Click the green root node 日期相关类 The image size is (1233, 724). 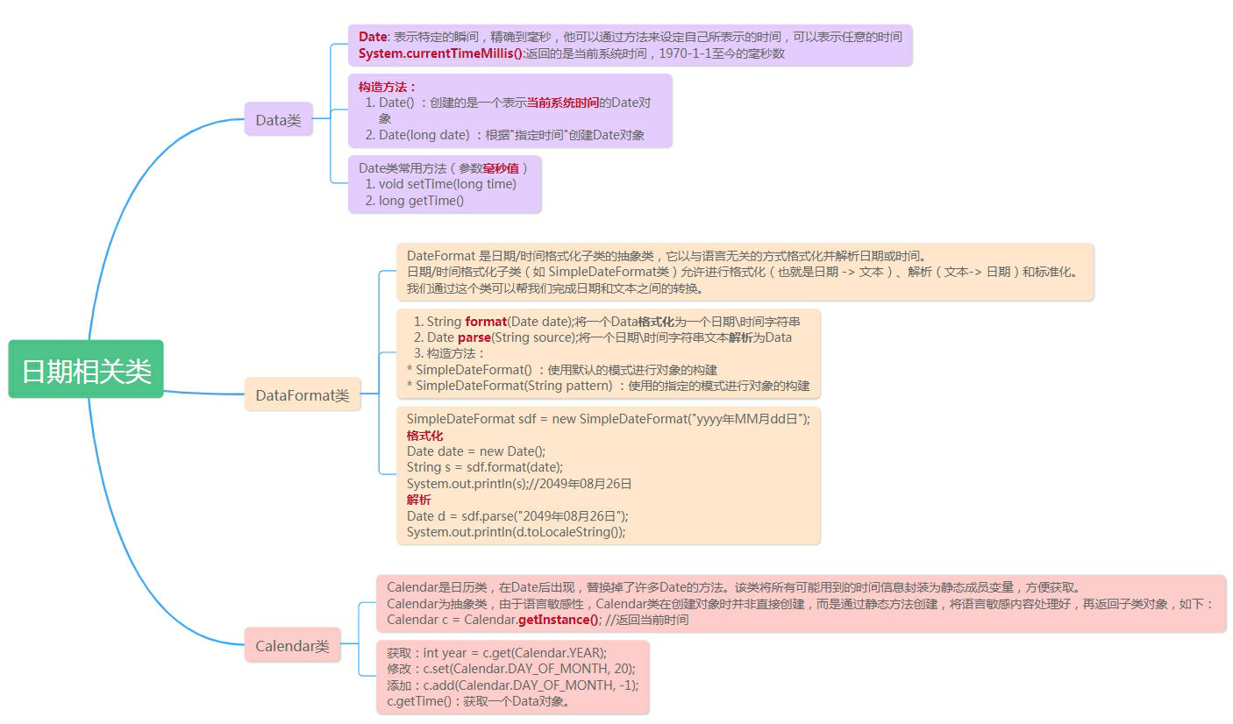coord(86,370)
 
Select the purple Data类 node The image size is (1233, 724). coord(278,120)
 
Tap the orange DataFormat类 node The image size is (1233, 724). coord(302,395)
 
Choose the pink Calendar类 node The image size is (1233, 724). coord(292,646)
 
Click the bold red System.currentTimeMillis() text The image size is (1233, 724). coord(440,53)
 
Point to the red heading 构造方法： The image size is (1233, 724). coord(388,87)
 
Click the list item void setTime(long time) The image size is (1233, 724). coord(447,184)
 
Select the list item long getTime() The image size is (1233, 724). coord(421,201)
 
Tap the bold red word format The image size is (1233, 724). coord(486,322)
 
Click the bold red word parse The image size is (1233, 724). coord(474,337)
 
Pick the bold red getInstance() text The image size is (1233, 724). coord(559,620)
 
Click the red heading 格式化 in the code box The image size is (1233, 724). coord(424,436)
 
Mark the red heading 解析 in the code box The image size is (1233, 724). coord(418,500)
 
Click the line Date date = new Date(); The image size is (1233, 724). coord(476,451)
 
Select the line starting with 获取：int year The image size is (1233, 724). coord(496,653)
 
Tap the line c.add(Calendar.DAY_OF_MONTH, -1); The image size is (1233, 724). coord(513,685)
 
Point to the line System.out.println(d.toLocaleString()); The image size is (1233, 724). coord(516,532)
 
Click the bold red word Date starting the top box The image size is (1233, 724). coord(373,37)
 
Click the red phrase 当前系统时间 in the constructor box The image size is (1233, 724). coord(562,103)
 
